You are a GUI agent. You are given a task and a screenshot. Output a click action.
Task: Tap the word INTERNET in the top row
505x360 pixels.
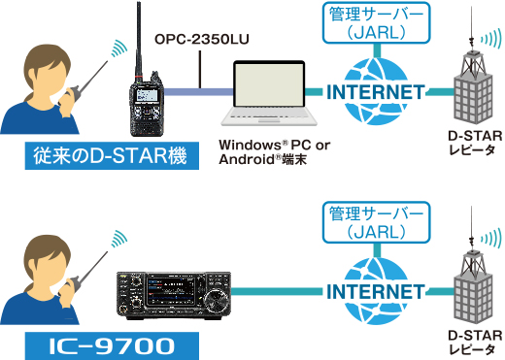[374, 92]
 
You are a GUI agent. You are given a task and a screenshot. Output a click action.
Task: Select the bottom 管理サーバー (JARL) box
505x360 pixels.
[374, 221]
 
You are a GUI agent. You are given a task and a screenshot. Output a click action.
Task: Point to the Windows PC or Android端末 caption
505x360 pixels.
[275, 152]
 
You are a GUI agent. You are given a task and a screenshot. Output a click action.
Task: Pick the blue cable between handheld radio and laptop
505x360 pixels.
[194, 92]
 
